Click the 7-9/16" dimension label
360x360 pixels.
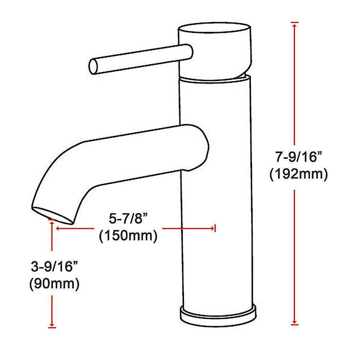pyautogui.click(x=298, y=157)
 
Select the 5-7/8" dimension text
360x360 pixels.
pyautogui.click(x=129, y=219)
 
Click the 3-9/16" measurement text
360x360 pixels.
pyautogui.click(x=54, y=267)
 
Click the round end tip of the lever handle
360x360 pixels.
pyautogui.click(x=93, y=67)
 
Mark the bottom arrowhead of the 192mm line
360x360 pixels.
pyautogui.click(x=295, y=322)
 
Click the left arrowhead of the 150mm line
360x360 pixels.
pyautogui.click(x=58, y=228)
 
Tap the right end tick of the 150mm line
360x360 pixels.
pyautogui.click(x=215, y=228)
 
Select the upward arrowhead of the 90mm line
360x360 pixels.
pyautogui.click(x=52, y=223)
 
